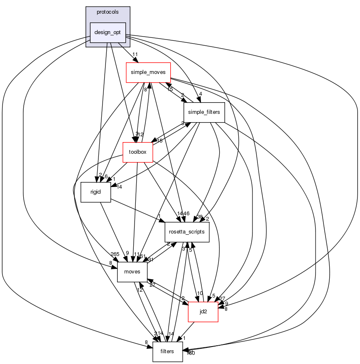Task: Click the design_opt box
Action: click(x=108, y=32)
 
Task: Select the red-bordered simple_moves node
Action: click(x=148, y=72)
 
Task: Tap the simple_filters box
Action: click(x=204, y=112)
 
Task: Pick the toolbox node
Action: click(x=137, y=152)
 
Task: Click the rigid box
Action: click(x=96, y=192)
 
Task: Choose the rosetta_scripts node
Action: click(x=187, y=231)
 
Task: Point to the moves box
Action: click(x=132, y=272)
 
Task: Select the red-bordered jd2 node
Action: click(x=203, y=312)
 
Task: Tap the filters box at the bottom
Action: click(x=167, y=352)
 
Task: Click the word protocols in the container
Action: click(x=108, y=12)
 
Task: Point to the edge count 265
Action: click(x=115, y=254)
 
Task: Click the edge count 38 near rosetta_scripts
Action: click(x=200, y=217)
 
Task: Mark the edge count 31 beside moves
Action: click(x=150, y=260)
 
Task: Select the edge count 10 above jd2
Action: click(x=200, y=293)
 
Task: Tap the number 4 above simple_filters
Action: click(x=200, y=94)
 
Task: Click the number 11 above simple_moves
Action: click(x=135, y=54)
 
